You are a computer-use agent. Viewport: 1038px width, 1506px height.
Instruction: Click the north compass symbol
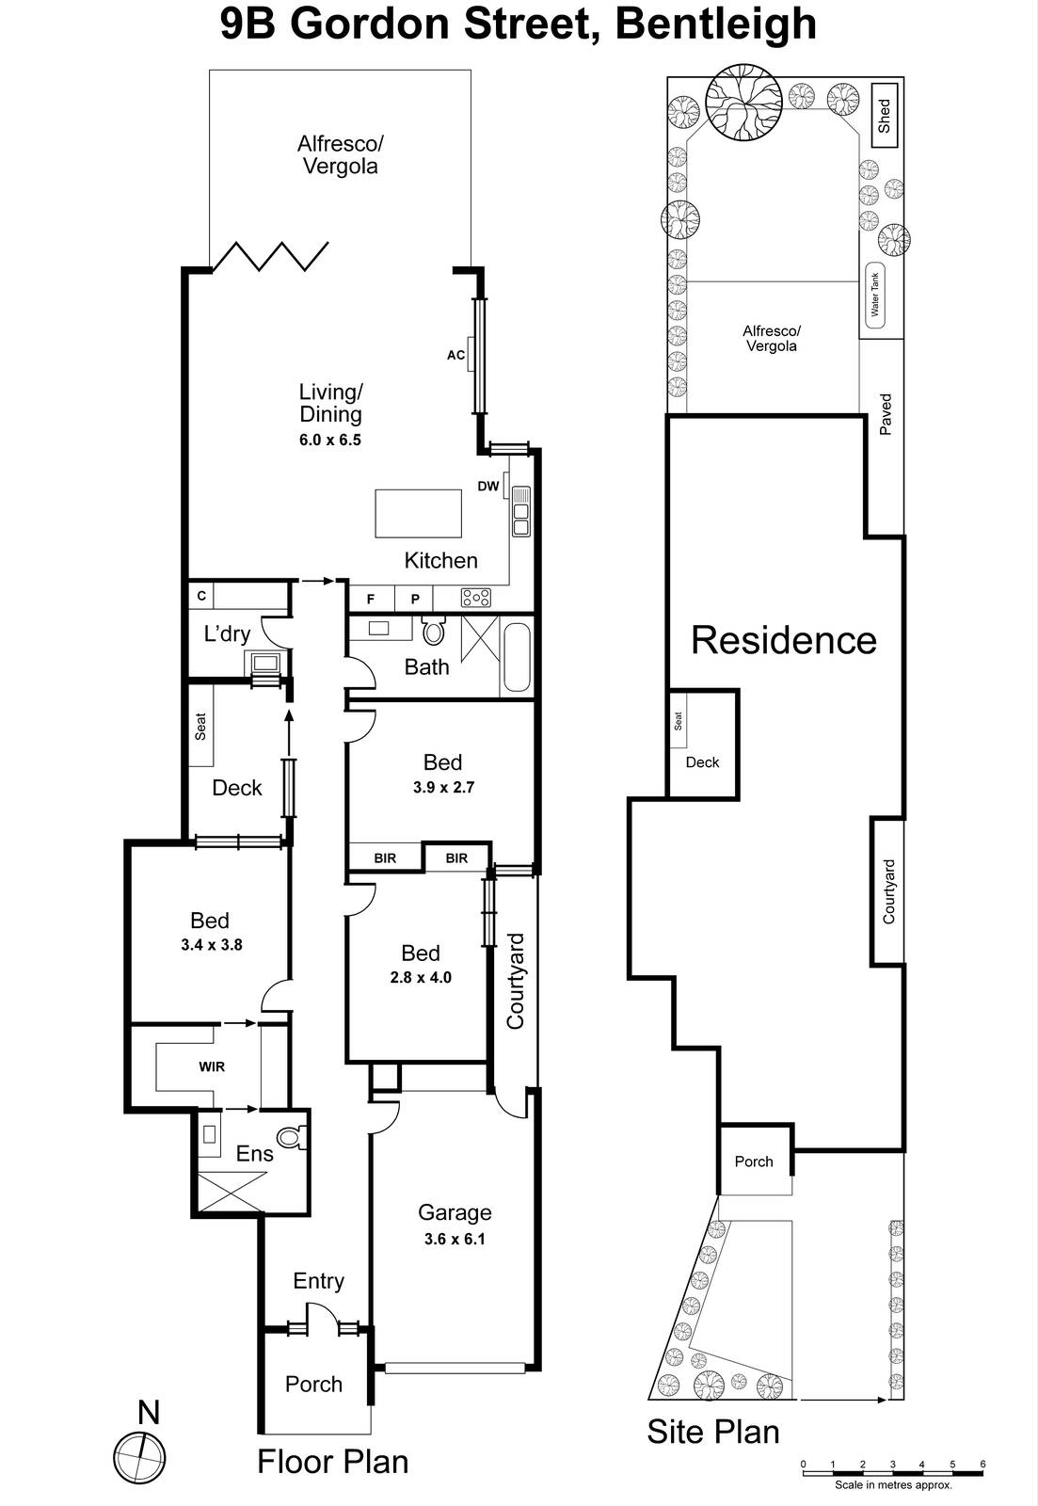tap(139, 1458)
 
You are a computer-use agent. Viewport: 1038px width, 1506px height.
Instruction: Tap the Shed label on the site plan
tap(884, 116)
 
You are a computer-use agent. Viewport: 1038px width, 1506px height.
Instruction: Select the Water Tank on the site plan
tap(875, 295)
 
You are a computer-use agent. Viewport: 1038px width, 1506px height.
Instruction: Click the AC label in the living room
tap(455, 355)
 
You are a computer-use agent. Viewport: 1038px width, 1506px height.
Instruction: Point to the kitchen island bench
tap(418, 513)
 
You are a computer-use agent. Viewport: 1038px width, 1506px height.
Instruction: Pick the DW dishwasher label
tap(487, 487)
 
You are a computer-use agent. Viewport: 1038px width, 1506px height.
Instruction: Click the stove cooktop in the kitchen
tap(476, 597)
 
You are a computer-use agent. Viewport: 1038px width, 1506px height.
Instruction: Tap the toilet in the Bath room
tap(434, 630)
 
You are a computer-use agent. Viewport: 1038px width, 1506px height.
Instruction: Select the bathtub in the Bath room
tap(517, 656)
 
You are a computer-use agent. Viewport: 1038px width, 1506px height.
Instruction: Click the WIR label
tap(212, 1066)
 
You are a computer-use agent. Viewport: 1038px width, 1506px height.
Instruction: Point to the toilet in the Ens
tap(292, 1138)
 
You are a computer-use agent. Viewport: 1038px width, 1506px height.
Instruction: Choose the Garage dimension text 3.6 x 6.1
tap(455, 1239)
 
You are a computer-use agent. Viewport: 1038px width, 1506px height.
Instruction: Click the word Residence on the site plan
tap(783, 640)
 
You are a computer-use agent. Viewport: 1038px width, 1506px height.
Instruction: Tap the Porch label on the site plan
tap(754, 1162)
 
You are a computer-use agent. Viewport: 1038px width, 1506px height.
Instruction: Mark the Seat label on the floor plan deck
tap(200, 726)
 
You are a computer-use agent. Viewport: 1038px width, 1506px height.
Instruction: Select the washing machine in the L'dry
tap(264, 664)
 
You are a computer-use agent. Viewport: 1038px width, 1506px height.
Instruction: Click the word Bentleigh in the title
tap(715, 24)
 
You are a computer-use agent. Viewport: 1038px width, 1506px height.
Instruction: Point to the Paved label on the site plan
tap(886, 414)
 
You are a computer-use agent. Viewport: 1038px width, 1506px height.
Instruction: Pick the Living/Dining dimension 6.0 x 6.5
tap(330, 440)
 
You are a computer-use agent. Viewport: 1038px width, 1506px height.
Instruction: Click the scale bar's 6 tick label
tap(982, 1464)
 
